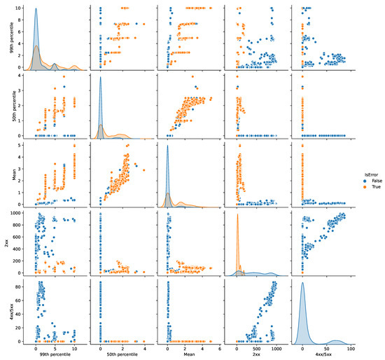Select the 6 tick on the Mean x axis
(x=220, y=346)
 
